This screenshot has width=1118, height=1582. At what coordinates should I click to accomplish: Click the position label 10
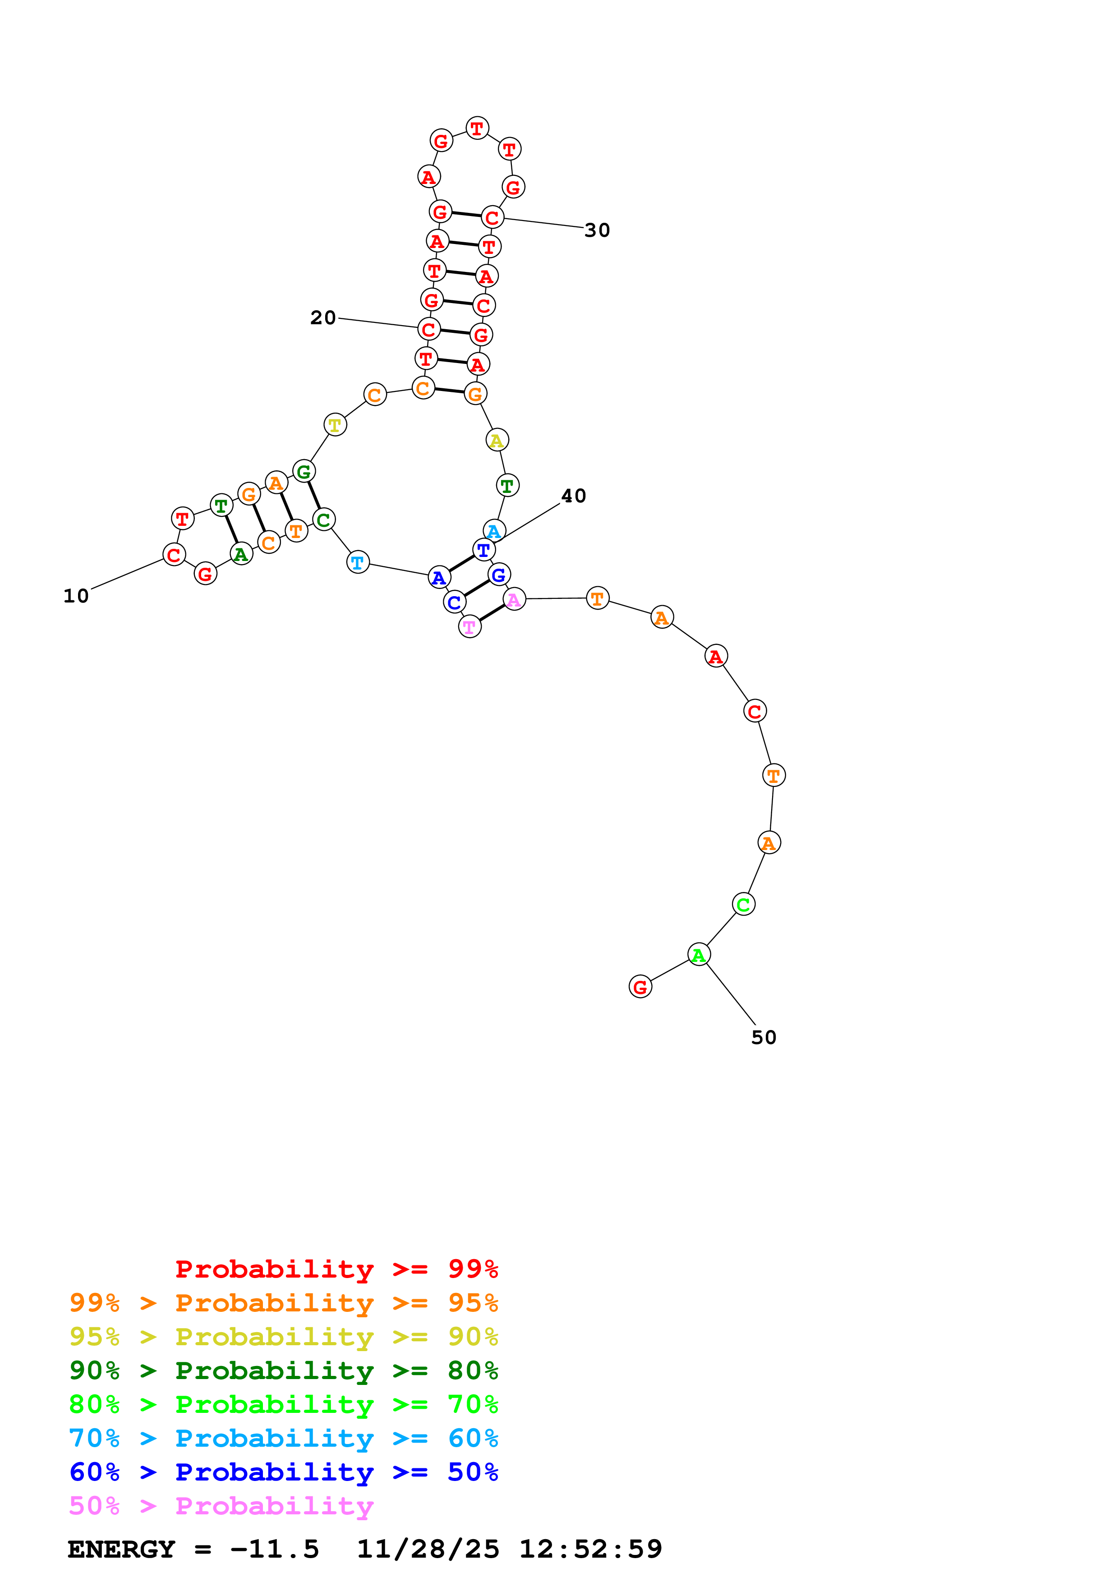[77, 597]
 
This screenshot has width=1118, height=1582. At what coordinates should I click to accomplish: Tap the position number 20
[323, 317]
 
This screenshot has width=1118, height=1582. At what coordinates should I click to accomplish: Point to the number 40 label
[573, 496]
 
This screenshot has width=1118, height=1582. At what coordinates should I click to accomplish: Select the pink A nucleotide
[514, 599]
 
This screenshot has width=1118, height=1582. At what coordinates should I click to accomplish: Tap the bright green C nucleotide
[743, 905]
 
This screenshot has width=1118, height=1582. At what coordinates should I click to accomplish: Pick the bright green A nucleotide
[699, 955]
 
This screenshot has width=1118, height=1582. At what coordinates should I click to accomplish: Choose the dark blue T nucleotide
[483, 551]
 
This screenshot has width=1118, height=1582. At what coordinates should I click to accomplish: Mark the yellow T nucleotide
[335, 425]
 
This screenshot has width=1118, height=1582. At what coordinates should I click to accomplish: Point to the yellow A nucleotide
[497, 440]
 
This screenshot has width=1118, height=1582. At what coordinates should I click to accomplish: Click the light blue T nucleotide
[358, 562]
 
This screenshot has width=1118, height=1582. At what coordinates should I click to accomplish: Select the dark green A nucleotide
[240, 553]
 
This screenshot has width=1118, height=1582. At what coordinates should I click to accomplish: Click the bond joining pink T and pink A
[492, 613]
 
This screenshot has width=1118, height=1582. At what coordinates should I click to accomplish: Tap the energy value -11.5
[275, 1550]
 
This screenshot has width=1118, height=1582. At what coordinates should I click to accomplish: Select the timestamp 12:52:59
[590, 1550]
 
